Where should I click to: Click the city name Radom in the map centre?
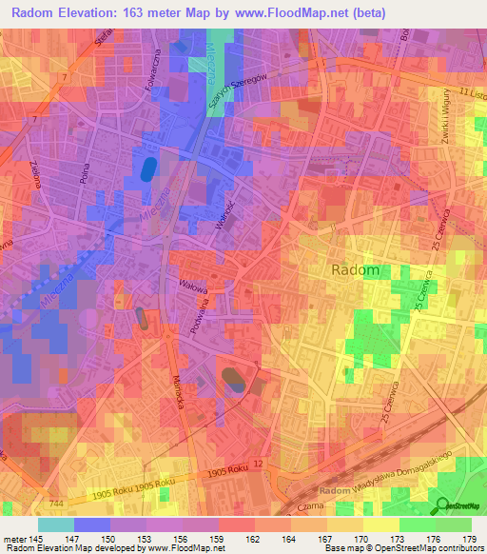click(x=357, y=270)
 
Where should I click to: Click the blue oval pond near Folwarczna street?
click(x=149, y=169)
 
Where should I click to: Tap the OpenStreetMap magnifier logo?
click(x=443, y=506)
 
